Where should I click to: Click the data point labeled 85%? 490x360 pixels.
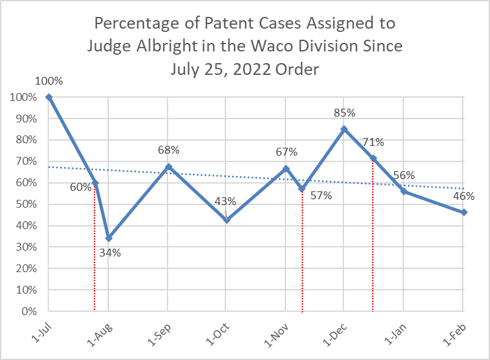(x=344, y=129)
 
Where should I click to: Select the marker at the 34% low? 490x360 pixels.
(x=109, y=238)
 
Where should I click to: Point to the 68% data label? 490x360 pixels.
(x=169, y=150)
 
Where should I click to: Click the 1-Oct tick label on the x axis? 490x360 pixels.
(x=218, y=330)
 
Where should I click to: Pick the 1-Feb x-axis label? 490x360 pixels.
(x=455, y=330)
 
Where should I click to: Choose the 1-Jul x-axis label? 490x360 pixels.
(x=40, y=330)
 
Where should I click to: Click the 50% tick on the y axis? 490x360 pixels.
(x=24, y=204)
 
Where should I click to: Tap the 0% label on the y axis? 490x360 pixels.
(x=27, y=311)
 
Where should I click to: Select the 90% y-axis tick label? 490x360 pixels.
(x=24, y=118)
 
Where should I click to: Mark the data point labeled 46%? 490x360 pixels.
(x=463, y=212)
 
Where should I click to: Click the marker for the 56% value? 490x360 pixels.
(x=403, y=191)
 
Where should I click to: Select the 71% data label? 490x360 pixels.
(x=373, y=142)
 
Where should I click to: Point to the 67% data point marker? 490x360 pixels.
(x=285, y=169)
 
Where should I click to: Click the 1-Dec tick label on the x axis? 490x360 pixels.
(x=336, y=330)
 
